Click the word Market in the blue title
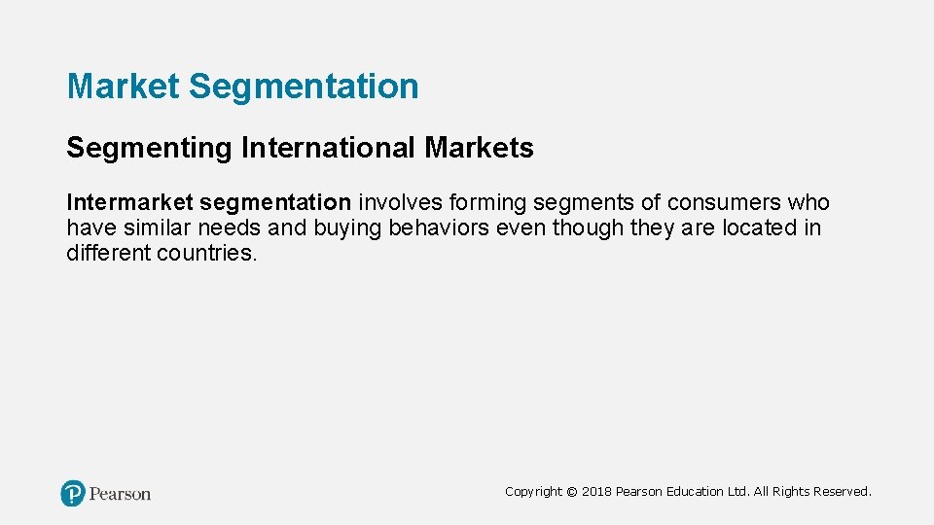(x=124, y=87)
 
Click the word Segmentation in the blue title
(x=304, y=87)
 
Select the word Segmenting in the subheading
(x=148, y=149)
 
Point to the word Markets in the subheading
(x=479, y=149)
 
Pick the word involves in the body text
(x=400, y=203)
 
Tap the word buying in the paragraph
(x=351, y=228)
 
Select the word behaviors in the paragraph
(x=441, y=228)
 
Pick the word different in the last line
(x=108, y=254)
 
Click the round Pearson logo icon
(x=73, y=493)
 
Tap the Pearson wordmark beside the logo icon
(x=120, y=494)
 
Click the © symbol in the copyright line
(x=571, y=492)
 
